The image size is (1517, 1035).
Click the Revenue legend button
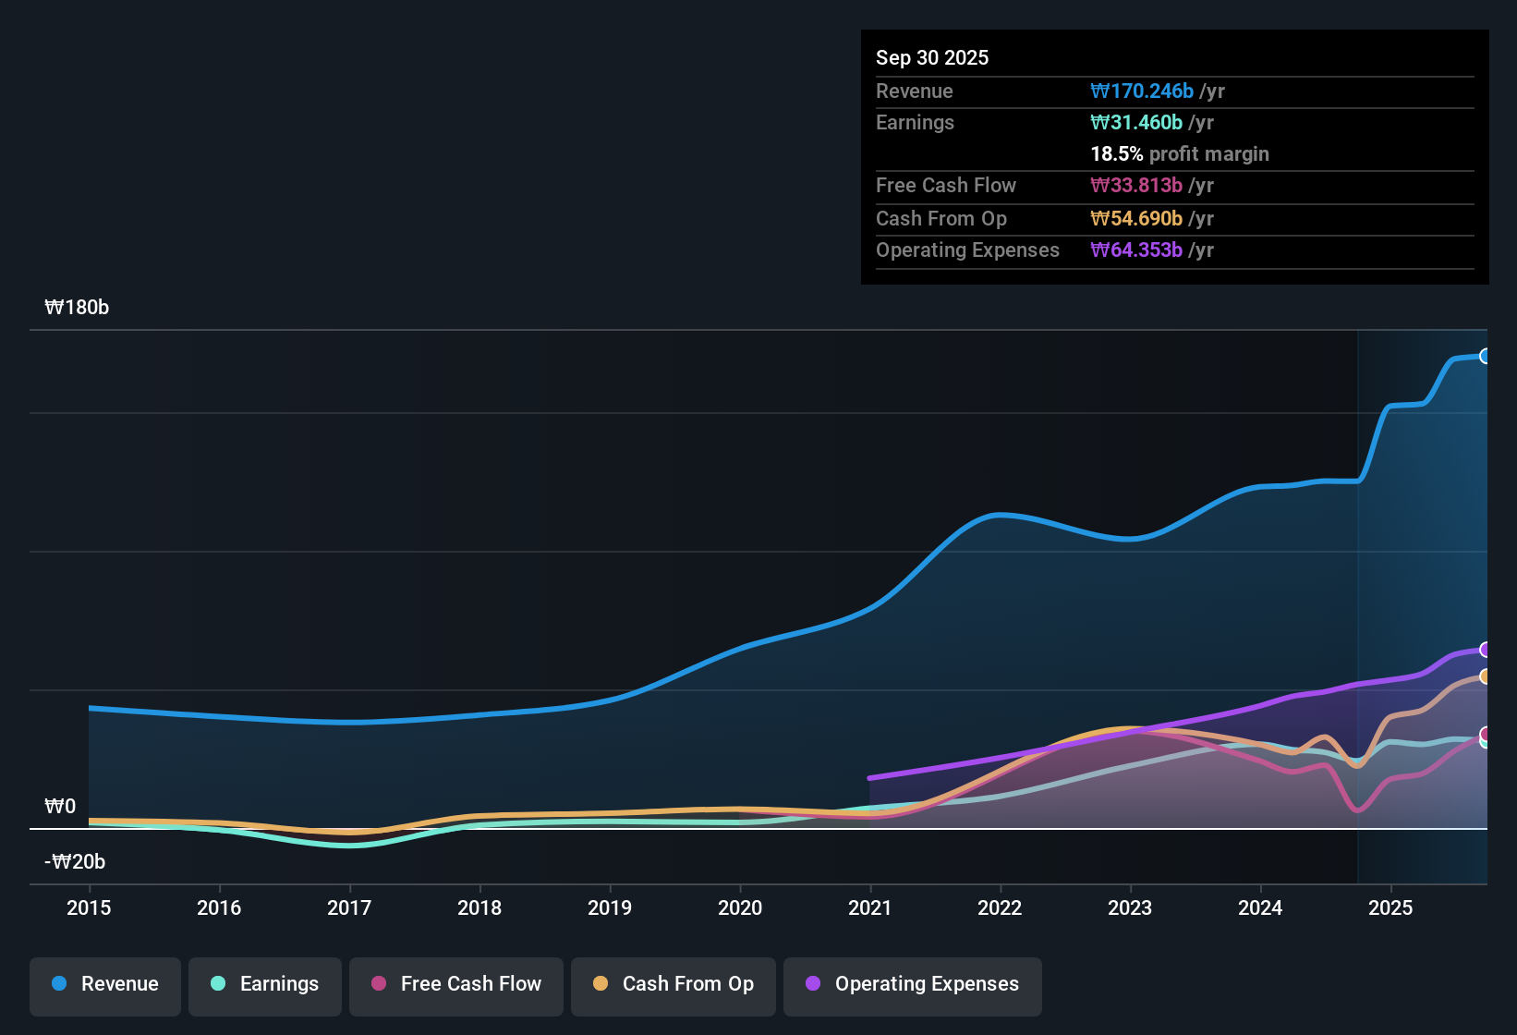pyautogui.click(x=105, y=984)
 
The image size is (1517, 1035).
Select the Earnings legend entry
pyautogui.click(x=265, y=984)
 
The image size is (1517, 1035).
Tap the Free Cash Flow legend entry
pyautogui.click(x=456, y=984)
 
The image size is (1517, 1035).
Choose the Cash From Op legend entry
pyautogui.click(x=674, y=984)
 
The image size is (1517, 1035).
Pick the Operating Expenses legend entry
pyautogui.click(x=913, y=984)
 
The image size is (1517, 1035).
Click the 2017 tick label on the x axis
pyautogui.click(x=349, y=907)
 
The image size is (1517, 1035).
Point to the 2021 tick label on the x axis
pyautogui.click(x=870, y=907)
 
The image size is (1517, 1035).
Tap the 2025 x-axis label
pyautogui.click(x=1390, y=907)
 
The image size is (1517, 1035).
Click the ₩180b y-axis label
pyautogui.click(x=77, y=308)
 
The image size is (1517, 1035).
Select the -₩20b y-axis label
pyautogui.click(x=75, y=862)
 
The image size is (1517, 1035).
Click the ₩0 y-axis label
pyautogui.click(x=60, y=807)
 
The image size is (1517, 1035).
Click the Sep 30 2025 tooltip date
pyautogui.click(x=932, y=57)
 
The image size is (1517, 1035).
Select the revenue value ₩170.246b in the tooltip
pyautogui.click(x=1142, y=91)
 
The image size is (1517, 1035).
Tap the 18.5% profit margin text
pyautogui.click(x=1180, y=154)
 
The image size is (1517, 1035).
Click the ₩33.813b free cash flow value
pyautogui.click(x=1136, y=186)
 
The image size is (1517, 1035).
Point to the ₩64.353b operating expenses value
pyautogui.click(x=1136, y=250)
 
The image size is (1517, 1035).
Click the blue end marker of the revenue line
pyautogui.click(x=1485, y=356)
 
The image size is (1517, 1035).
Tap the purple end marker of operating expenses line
pyautogui.click(x=1485, y=650)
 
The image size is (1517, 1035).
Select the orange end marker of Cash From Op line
pyautogui.click(x=1485, y=676)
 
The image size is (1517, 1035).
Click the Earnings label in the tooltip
pyautogui.click(x=915, y=123)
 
